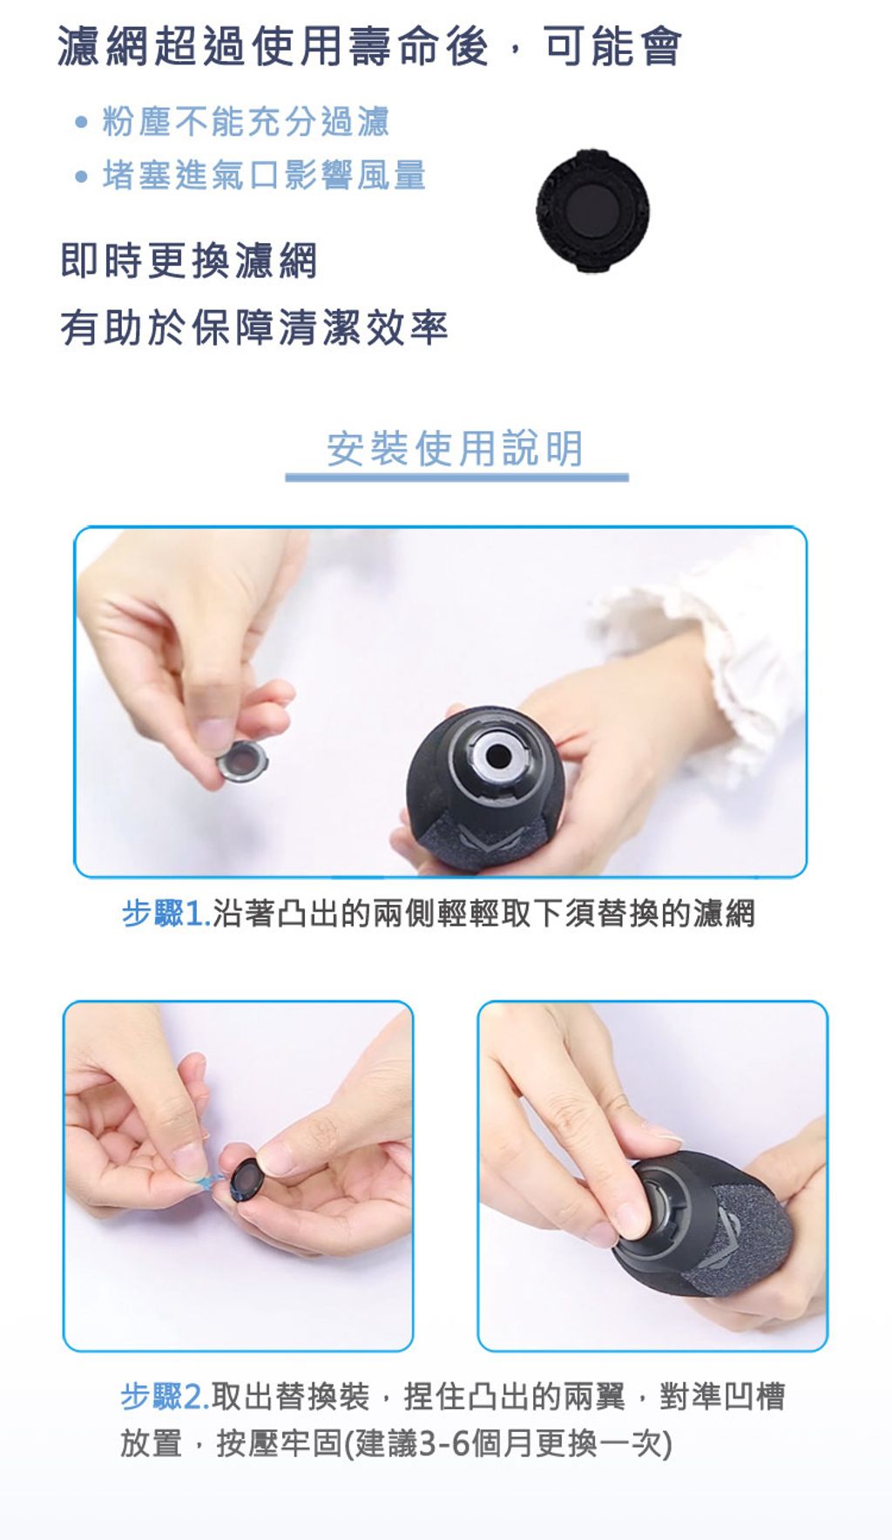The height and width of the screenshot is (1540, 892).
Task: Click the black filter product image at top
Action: click(x=592, y=211)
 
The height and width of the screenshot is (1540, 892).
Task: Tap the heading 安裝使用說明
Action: click(x=455, y=449)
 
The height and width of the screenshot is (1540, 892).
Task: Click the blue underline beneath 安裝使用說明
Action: click(x=456, y=478)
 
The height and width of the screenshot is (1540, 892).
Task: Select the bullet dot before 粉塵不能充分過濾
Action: click(x=82, y=122)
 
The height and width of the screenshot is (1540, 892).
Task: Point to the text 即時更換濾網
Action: click(x=189, y=261)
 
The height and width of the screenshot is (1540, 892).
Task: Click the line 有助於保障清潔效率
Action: click(x=254, y=328)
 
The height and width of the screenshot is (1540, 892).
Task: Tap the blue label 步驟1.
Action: click(x=166, y=913)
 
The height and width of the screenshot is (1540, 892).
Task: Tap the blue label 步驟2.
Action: click(x=165, y=1396)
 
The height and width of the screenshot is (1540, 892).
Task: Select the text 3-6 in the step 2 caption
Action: click(x=444, y=1444)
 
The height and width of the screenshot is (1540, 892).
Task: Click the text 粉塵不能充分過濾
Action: click(x=247, y=122)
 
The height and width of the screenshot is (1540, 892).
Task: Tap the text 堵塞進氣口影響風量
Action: click(x=264, y=176)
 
